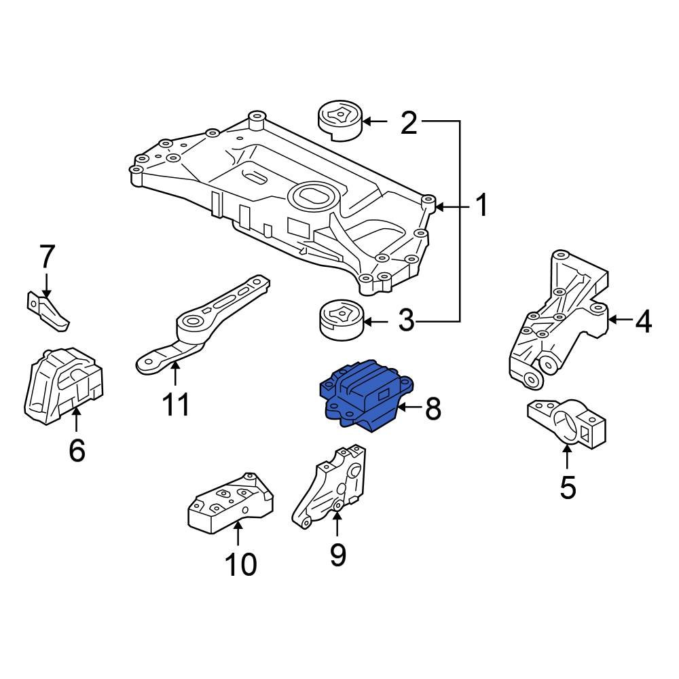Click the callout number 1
[481, 206]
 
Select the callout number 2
[408, 122]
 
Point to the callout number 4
[642, 320]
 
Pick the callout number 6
[77, 449]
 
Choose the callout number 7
[46, 257]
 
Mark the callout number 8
[433, 409]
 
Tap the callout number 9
[337, 554]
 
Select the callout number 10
[240, 564]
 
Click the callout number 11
[175, 405]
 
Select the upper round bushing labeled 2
[340, 120]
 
